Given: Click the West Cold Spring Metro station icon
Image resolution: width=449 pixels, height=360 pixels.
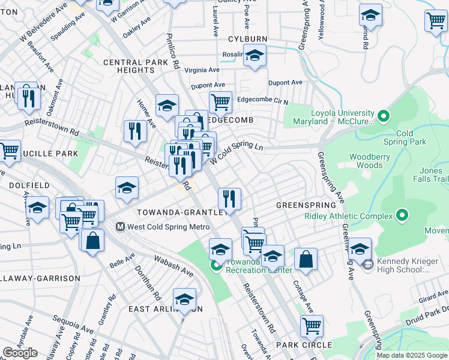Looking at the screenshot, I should [x=120, y=227].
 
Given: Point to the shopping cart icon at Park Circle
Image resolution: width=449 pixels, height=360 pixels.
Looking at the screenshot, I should [x=312, y=326].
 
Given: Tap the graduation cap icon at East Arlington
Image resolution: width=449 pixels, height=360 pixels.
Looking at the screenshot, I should [x=184, y=299].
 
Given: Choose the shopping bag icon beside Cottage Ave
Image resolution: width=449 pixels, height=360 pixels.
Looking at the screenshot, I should [x=306, y=259].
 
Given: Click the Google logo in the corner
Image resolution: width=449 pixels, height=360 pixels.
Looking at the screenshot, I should [x=20, y=353].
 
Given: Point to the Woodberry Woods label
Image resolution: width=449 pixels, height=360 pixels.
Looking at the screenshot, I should [x=366, y=161].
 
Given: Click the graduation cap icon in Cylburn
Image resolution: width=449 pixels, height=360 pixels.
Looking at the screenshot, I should [x=255, y=56].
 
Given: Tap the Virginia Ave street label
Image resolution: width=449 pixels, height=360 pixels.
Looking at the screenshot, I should [x=203, y=70].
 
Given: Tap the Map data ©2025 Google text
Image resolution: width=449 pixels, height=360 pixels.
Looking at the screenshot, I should [x=412, y=355].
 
